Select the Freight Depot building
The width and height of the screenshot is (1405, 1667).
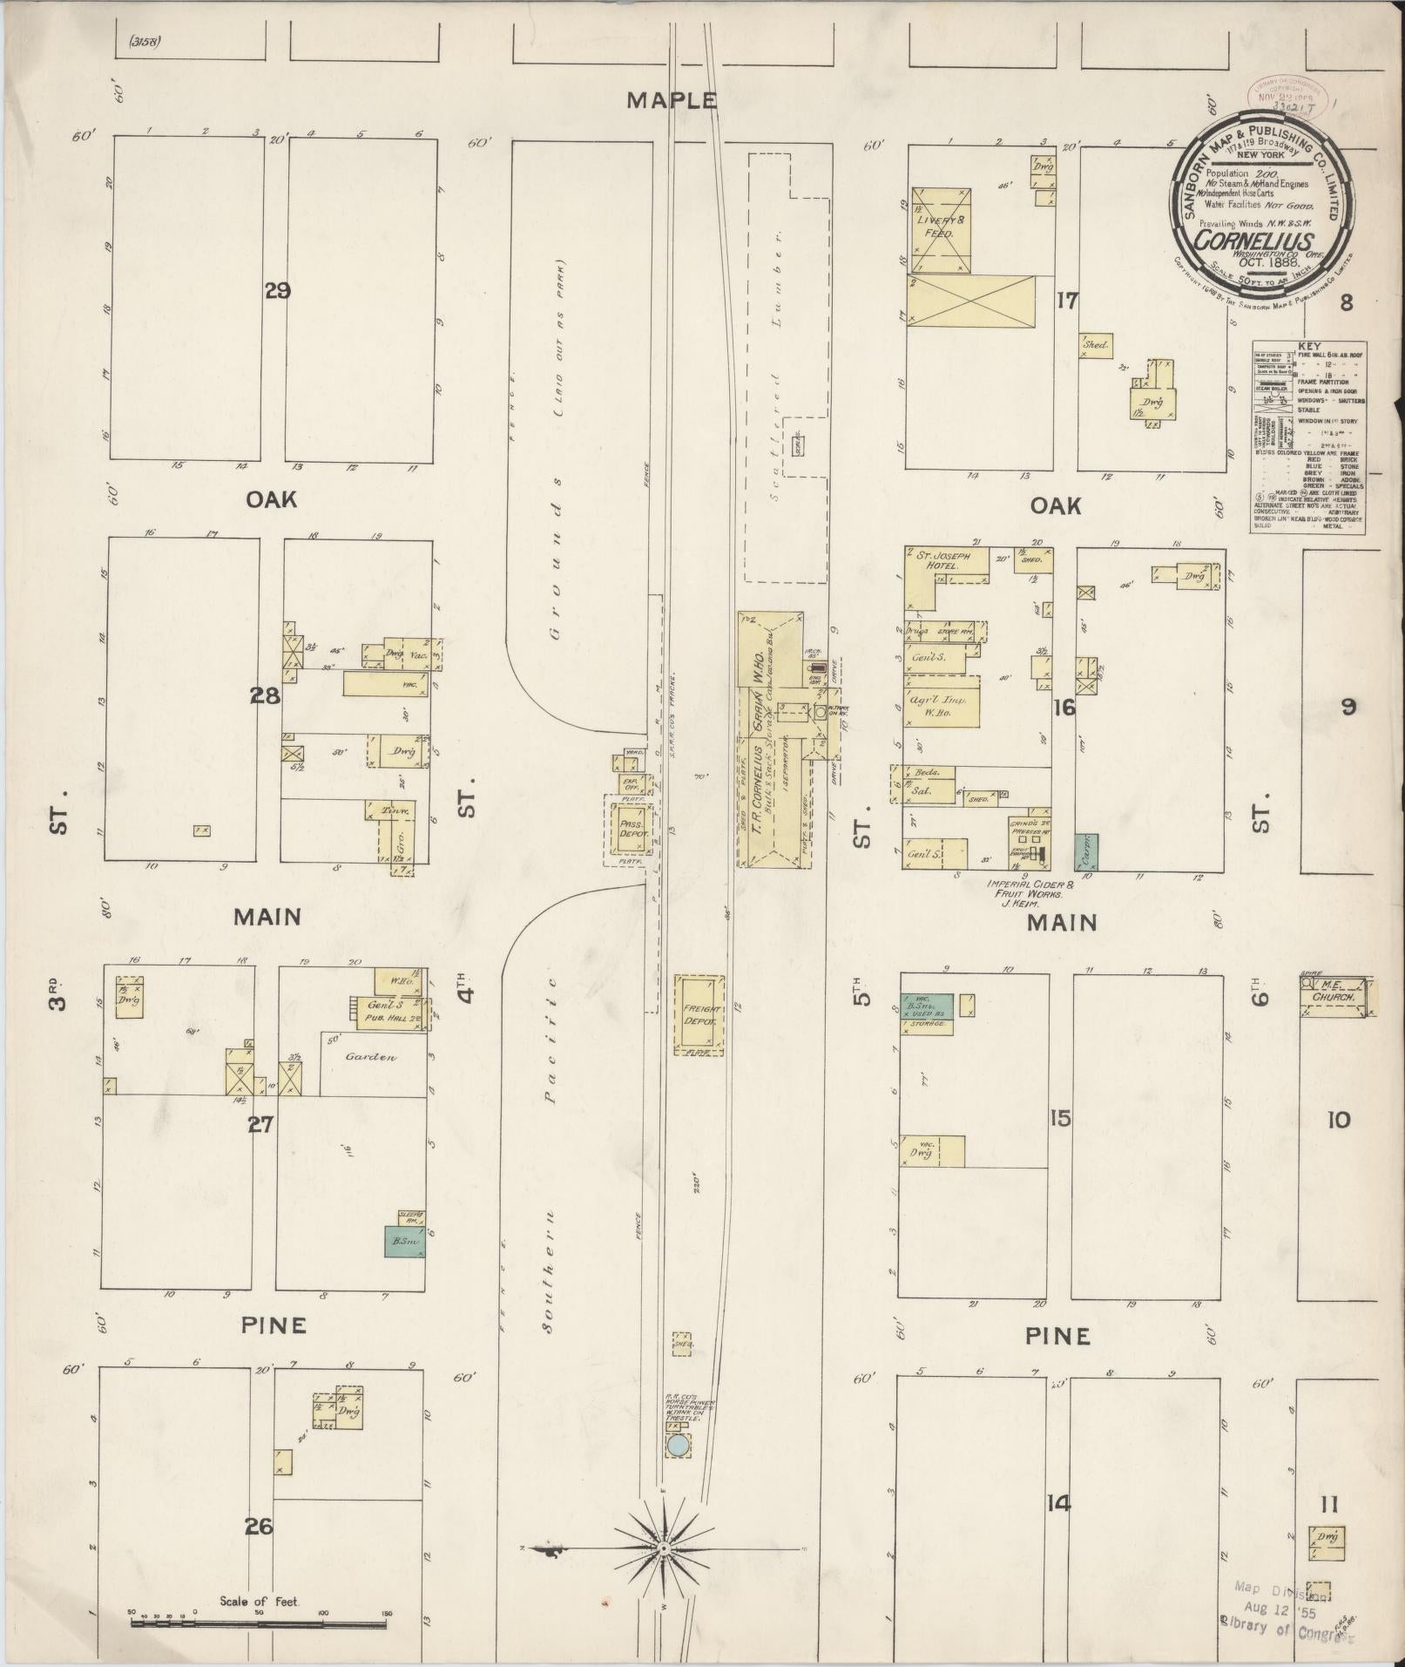699,1013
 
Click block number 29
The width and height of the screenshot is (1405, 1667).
277,290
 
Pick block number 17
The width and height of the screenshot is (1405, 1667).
1066,301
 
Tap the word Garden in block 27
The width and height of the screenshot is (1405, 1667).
370,1056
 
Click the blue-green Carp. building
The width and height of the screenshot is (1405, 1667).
1086,851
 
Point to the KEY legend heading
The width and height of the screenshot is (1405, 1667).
1308,346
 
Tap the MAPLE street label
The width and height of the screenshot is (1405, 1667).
672,100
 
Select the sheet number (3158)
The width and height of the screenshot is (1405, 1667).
145,41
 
